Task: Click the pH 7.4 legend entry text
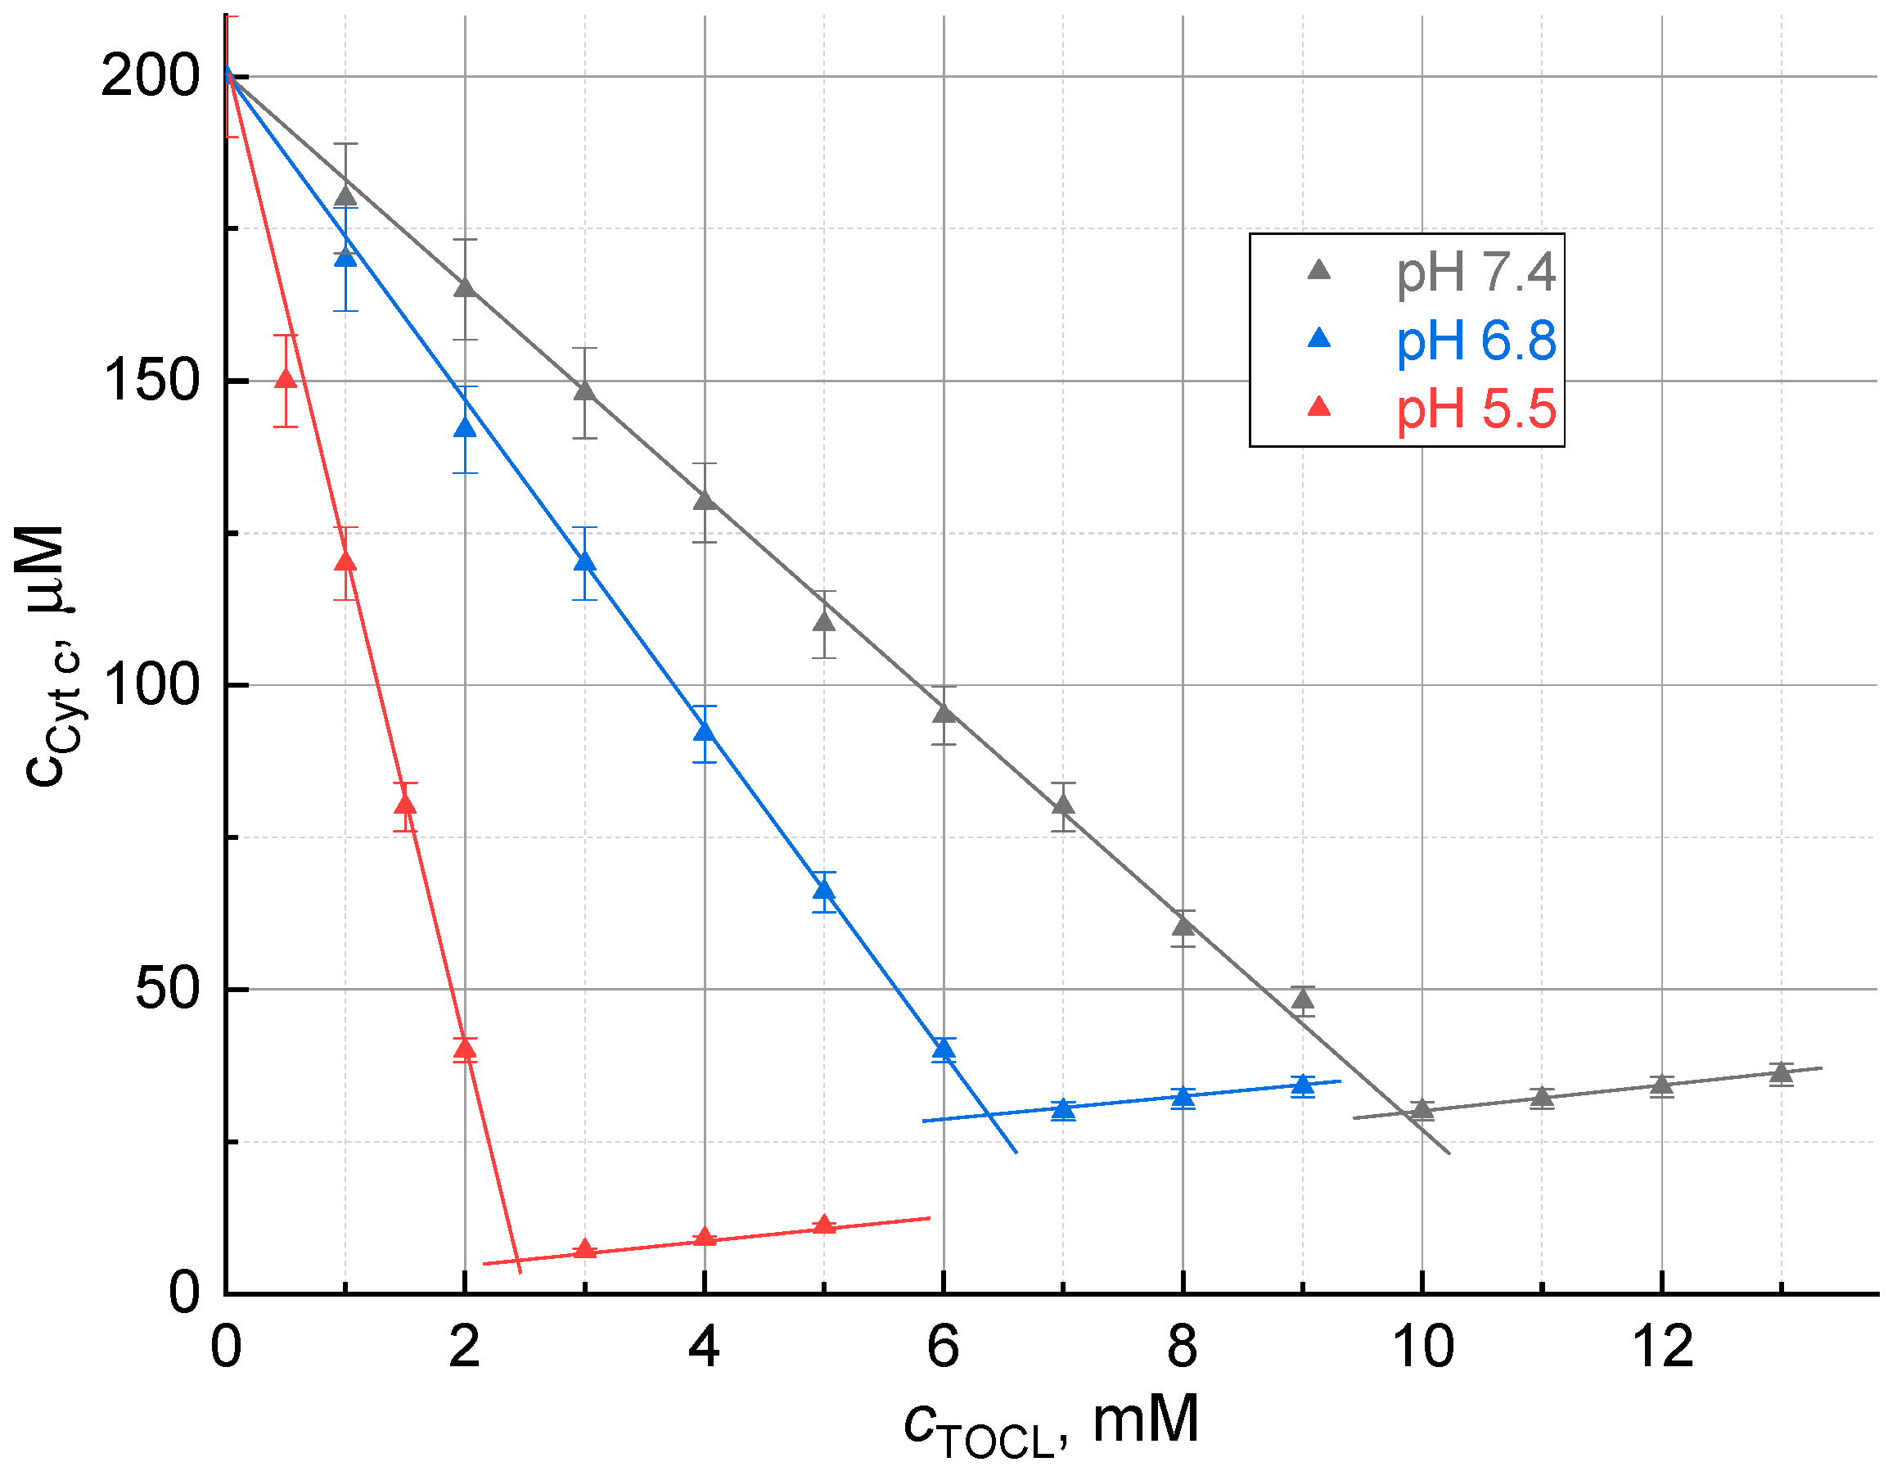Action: [1475, 272]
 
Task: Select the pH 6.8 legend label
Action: [1475, 341]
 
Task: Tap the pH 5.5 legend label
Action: [1475, 409]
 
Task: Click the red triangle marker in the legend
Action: [1318, 407]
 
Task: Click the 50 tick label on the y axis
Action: [168, 989]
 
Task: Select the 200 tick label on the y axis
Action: [151, 75]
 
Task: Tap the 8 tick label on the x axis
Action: [1183, 1347]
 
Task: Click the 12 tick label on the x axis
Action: [1661, 1347]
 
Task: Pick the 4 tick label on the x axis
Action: [704, 1347]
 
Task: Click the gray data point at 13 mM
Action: [1782, 1073]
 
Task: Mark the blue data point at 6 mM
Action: [944, 1049]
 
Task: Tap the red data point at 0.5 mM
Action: [286, 379]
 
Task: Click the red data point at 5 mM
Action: [824, 1225]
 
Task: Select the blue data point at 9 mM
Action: [1302, 1084]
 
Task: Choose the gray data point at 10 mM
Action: [1422, 1109]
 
